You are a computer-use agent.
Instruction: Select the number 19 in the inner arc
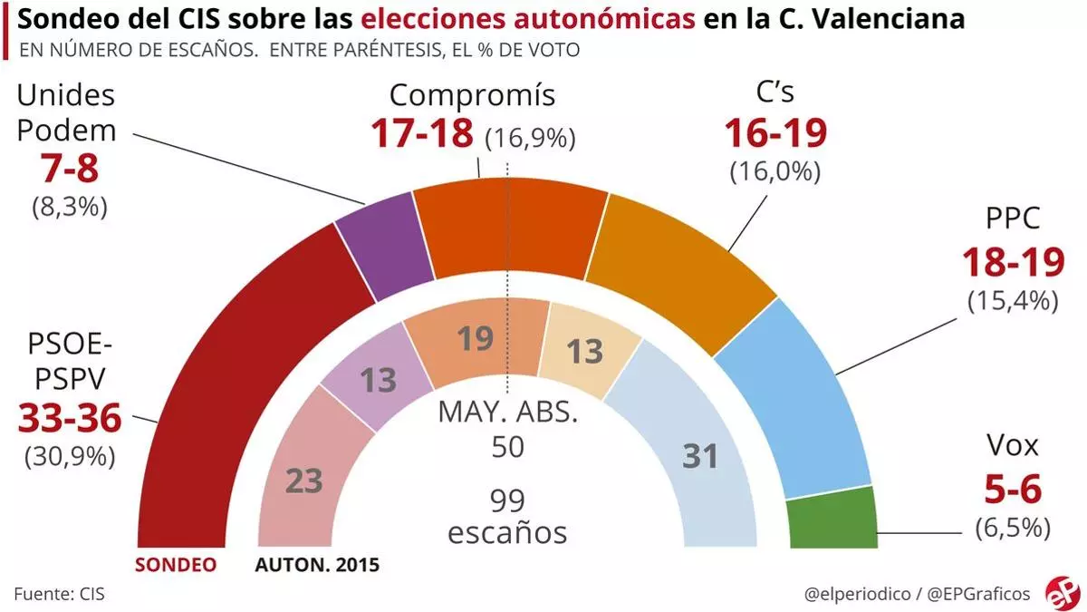(475, 339)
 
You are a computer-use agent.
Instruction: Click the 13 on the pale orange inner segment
(584, 351)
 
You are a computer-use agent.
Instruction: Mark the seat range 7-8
(68, 170)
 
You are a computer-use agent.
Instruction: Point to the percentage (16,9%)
(531, 138)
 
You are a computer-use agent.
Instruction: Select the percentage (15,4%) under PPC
(1013, 300)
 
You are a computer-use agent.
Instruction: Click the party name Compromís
(472, 94)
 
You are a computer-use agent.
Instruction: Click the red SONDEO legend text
(177, 564)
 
